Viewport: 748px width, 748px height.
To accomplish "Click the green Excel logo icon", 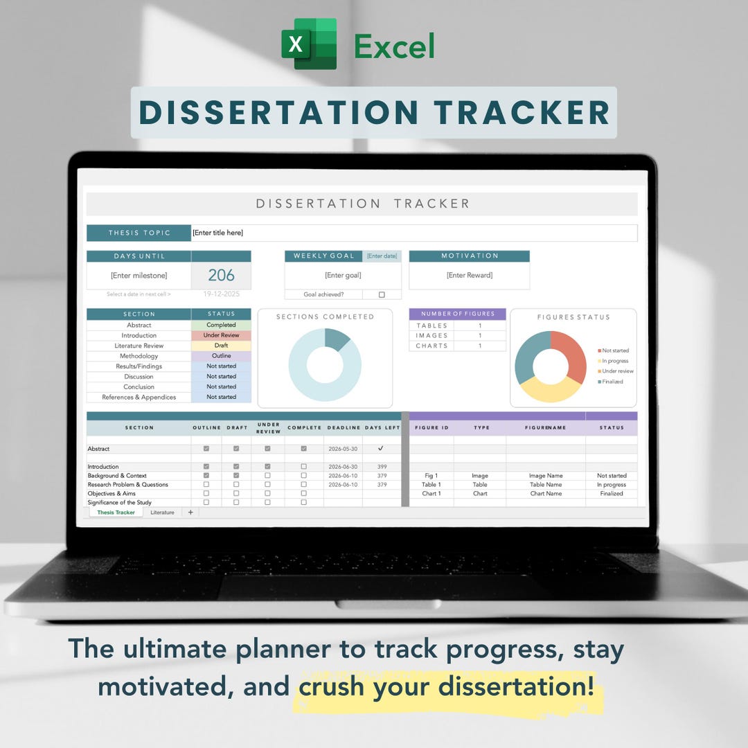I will [309, 44].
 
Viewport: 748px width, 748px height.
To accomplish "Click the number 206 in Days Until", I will [221, 275].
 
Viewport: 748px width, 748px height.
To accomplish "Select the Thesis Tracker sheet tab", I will [116, 513].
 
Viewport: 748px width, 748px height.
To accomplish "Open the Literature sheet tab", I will [162, 513].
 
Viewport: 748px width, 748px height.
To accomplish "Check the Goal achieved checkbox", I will [382, 294].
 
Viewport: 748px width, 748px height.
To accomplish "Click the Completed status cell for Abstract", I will [221, 325].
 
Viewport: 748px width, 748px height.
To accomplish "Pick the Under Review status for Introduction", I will [221, 335].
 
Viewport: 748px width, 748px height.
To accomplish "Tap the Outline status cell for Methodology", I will [221, 356].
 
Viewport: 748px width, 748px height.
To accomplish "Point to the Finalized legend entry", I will [612, 382].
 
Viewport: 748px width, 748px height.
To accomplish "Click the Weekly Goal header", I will [323, 256].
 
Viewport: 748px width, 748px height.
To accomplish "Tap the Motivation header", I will [469, 256].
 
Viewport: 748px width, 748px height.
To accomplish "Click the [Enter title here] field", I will [218, 233].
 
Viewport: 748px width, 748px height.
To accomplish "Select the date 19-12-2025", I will [221, 294].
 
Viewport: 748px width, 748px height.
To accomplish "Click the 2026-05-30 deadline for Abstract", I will [342, 449].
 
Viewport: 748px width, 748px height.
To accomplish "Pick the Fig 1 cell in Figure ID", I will [431, 476].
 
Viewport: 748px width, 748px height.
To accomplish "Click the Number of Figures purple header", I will [457, 314].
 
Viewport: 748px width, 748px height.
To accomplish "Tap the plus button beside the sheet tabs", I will [190, 513].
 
